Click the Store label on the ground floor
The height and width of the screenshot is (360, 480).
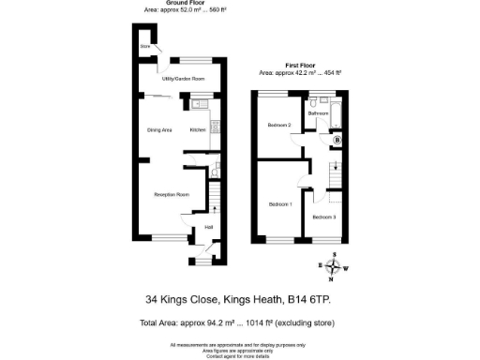coord(145,46)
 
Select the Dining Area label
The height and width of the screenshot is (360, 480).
coord(159,129)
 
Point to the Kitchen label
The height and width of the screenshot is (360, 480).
coord(198,129)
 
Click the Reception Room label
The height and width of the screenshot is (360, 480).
coord(172,195)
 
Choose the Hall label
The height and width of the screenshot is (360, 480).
coord(209,227)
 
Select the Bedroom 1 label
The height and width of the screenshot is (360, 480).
coord(280,203)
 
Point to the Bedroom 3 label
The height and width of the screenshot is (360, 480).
coord(324,217)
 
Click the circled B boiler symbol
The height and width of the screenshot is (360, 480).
coord(337,141)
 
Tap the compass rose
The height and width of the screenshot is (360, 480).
coord(333,266)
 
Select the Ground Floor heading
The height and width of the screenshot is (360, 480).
coord(187,3)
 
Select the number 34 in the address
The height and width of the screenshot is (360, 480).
coord(152,300)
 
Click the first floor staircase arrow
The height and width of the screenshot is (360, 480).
coord(334,172)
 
